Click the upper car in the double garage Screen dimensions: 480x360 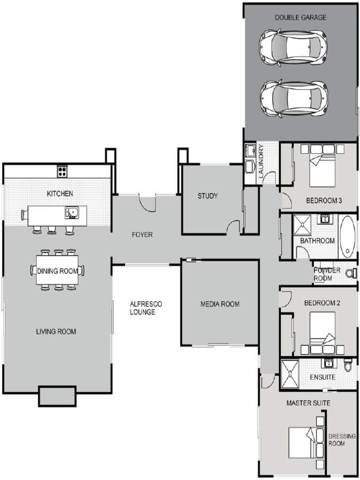[x=293, y=47]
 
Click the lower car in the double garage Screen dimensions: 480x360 [x=293, y=98]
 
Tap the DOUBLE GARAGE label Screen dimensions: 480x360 [x=300, y=17]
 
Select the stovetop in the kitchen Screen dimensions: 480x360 [x=62, y=172]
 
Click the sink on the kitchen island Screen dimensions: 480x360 [x=72, y=213]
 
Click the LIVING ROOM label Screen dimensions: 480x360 [x=56, y=331]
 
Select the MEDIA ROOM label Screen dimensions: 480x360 [x=220, y=304]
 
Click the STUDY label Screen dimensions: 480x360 [x=207, y=196]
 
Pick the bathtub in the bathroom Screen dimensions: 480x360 [x=348, y=237]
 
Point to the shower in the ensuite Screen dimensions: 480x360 [x=290, y=374]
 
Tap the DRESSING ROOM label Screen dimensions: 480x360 [x=342, y=440]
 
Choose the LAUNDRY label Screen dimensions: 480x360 [x=261, y=161]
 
